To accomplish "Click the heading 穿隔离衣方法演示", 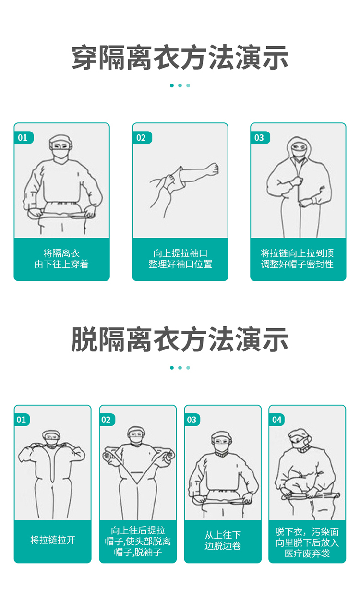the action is [180, 58].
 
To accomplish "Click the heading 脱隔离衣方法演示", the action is [180, 339].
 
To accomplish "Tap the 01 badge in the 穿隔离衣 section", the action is [24, 137].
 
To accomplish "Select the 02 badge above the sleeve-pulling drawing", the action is [142, 137].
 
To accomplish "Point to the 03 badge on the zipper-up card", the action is [260, 137].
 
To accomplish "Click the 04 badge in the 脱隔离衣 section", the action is [277, 420].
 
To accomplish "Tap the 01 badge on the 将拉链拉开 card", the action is [22, 420].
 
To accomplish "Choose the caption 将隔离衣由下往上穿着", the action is [61, 259].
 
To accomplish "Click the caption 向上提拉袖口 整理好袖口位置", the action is [180, 259].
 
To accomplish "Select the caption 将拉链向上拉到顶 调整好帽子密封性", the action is [297, 259].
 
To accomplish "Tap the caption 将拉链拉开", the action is [53, 540].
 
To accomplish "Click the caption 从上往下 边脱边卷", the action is [223, 540].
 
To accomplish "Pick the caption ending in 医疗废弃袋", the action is [307, 542].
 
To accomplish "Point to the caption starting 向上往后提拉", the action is [138, 541].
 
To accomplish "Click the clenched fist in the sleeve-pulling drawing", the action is [213, 169].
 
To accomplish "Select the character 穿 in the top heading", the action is [84, 58].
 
